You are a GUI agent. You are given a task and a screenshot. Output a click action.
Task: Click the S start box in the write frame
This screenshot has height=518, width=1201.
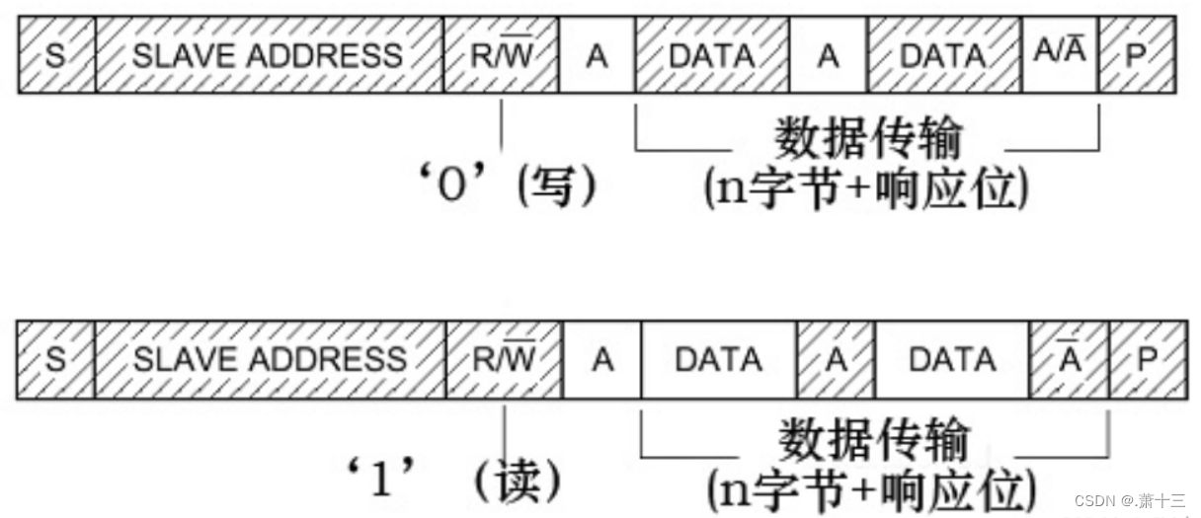pos(56,56)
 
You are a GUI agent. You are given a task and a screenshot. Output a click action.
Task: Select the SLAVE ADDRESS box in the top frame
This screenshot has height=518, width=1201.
pos(269,56)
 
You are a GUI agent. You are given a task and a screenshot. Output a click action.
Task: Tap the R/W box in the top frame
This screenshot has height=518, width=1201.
pos(501,56)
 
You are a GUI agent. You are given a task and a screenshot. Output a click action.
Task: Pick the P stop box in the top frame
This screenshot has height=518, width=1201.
pos(1136,56)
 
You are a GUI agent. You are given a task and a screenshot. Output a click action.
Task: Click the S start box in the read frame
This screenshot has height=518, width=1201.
pos(56,360)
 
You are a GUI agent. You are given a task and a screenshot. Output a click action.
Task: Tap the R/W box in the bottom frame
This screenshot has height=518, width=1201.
pos(504,360)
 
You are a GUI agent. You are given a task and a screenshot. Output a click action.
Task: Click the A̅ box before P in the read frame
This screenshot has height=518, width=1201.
pos(1069,360)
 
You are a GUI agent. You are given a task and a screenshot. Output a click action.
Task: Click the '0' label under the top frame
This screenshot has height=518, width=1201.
pos(450,185)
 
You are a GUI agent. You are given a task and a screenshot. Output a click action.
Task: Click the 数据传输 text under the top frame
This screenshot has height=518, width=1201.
pos(867,139)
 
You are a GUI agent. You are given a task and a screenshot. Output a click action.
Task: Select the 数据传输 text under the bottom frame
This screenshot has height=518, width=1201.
pos(874,440)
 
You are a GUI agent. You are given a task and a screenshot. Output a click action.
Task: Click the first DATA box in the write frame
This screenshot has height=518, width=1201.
pos(711,56)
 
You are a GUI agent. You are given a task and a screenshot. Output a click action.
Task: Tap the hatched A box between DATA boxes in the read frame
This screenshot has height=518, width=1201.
pos(836,360)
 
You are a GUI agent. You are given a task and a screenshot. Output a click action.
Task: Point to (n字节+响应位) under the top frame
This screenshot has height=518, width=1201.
pos(866,187)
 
